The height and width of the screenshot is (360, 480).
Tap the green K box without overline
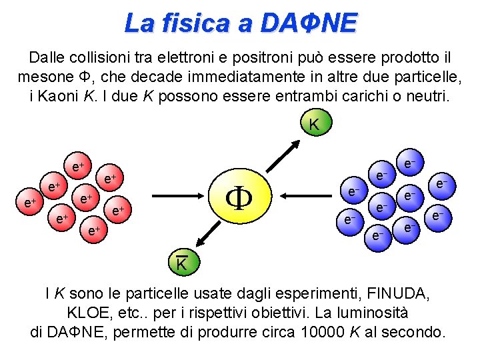[313, 125]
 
